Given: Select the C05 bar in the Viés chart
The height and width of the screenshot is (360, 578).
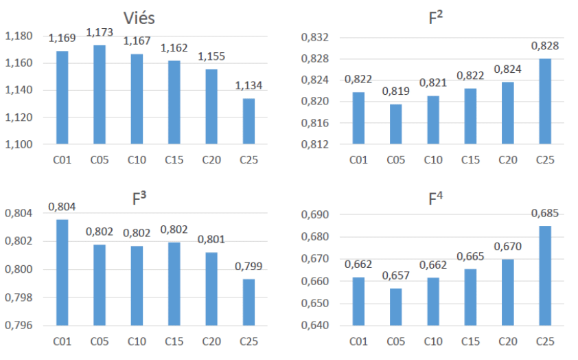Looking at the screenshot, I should click(100, 95).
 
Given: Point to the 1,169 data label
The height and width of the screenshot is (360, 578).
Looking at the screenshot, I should click(62, 39).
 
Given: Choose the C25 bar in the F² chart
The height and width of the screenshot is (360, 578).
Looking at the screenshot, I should click(544, 102).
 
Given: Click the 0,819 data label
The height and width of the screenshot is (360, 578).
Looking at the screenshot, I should click(396, 91).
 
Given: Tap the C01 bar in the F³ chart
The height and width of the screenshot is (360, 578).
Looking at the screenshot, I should click(62, 272).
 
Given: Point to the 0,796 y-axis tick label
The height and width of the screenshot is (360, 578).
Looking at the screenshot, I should click(19, 326).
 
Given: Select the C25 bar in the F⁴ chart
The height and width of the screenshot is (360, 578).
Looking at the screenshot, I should click(544, 275).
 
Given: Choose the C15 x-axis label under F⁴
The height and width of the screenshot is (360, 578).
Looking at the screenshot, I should click(470, 341).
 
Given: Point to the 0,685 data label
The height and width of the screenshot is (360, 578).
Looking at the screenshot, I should click(544, 214).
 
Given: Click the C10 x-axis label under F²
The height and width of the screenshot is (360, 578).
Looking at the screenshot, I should click(433, 161).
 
